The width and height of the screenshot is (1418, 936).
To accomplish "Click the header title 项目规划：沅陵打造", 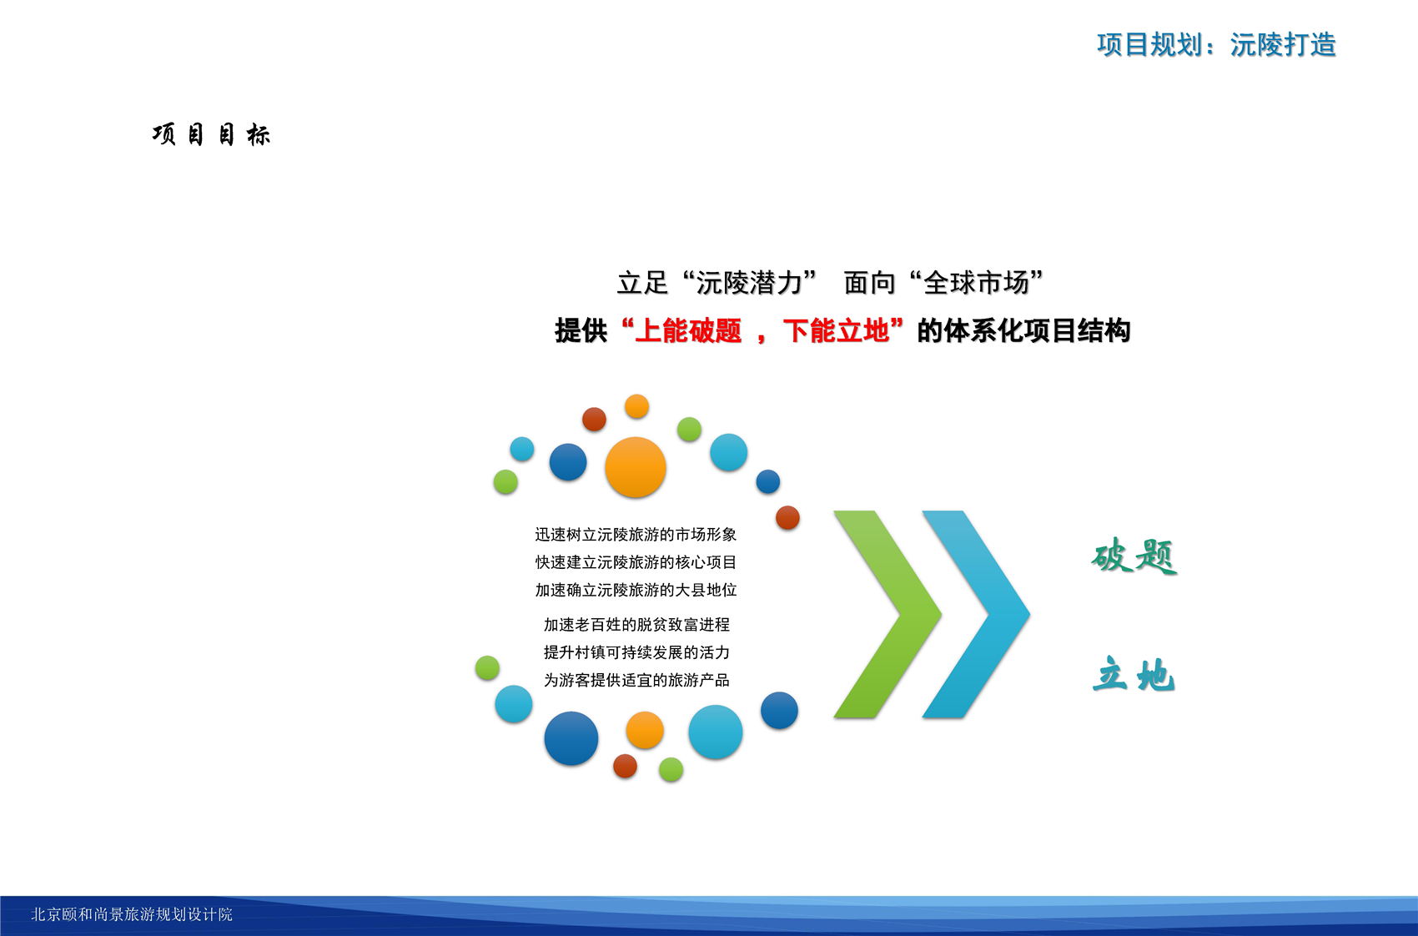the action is [x=1216, y=45].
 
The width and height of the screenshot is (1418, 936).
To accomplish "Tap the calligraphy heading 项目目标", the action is [x=211, y=135].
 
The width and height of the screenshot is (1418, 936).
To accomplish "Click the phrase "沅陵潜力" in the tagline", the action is [x=749, y=283].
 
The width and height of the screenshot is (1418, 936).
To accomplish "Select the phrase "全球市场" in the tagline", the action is [x=976, y=283].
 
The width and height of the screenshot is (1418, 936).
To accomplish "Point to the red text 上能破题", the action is [x=688, y=330].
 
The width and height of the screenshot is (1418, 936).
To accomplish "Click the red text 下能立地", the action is [x=836, y=330].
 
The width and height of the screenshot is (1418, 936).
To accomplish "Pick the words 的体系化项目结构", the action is [x=1023, y=330].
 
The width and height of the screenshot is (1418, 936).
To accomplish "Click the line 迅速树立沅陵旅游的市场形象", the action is [x=636, y=535].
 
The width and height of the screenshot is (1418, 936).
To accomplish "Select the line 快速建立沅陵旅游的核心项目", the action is [x=636, y=562].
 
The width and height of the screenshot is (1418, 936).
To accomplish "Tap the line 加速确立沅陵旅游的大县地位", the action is [x=636, y=591].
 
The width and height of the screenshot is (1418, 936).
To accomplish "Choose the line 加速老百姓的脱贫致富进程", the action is [x=636, y=625].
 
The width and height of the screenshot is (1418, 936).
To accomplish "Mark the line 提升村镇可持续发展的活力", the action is [x=636, y=652].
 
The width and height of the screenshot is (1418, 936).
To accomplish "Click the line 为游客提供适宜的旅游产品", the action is [x=636, y=680].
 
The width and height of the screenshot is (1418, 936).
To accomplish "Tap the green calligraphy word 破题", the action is [x=1134, y=556].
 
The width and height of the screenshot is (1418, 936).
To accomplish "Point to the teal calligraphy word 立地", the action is [x=1133, y=674].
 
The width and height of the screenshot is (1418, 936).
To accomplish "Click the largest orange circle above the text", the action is [x=636, y=467].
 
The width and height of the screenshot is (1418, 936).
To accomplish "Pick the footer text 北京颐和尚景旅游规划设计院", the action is [x=132, y=914].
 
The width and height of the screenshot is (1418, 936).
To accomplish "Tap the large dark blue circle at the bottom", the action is [x=571, y=738].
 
